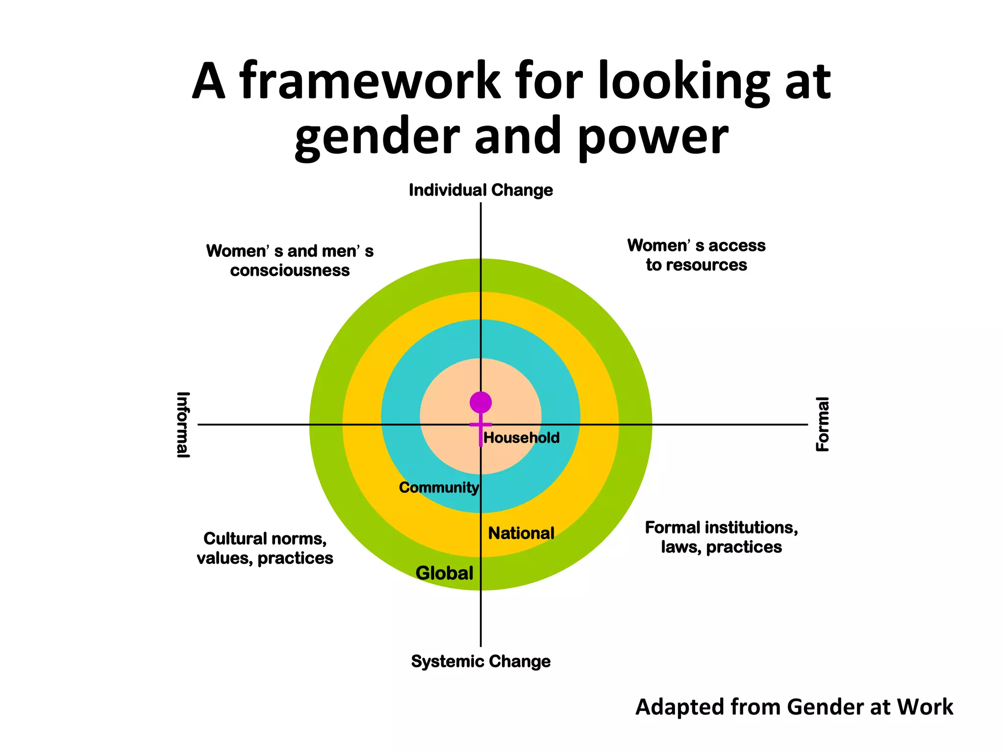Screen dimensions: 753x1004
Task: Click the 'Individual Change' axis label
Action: tap(480, 190)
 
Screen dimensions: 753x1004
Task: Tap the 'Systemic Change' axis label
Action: tap(480, 661)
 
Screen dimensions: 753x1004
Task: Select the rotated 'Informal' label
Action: tap(183, 425)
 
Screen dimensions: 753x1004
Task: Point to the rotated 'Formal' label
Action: tap(822, 425)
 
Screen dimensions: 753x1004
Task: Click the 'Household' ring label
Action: tap(521, 438)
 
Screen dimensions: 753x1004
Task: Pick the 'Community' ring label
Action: tap(439, 488)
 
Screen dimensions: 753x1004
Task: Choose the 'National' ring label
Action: tap(521, 533)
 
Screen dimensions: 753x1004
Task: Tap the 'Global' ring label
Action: tap(444, 573)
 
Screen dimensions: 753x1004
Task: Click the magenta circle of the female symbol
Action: tap(480, 402)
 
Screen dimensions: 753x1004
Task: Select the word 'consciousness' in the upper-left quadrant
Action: tap(290, 271)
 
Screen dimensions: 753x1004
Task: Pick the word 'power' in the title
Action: tap(653, 136)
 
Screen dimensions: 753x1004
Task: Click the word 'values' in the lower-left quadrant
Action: tap(224, 558)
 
